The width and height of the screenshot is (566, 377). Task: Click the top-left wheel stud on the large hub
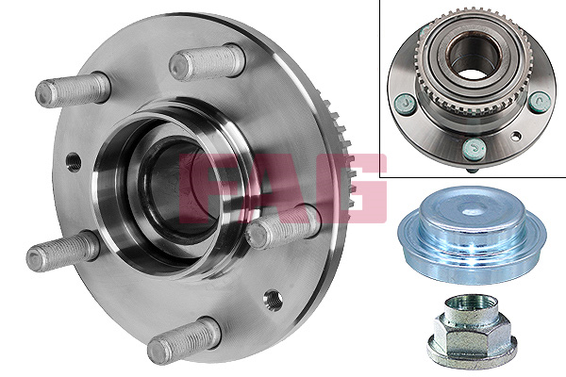[x=73, y=90]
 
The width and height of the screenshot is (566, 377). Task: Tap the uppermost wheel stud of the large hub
[x=208, y=62]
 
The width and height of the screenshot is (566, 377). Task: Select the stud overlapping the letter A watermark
[x=283, y=227]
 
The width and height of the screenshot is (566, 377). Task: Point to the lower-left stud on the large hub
[x=63, y=251]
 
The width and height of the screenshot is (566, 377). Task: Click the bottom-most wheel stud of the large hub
[x=184, y=341]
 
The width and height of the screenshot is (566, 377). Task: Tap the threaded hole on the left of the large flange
[x=74, y=162]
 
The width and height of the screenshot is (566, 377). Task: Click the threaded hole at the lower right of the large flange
[x=274, y=300]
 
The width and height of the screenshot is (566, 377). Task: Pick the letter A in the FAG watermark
[x=281, y=188]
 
